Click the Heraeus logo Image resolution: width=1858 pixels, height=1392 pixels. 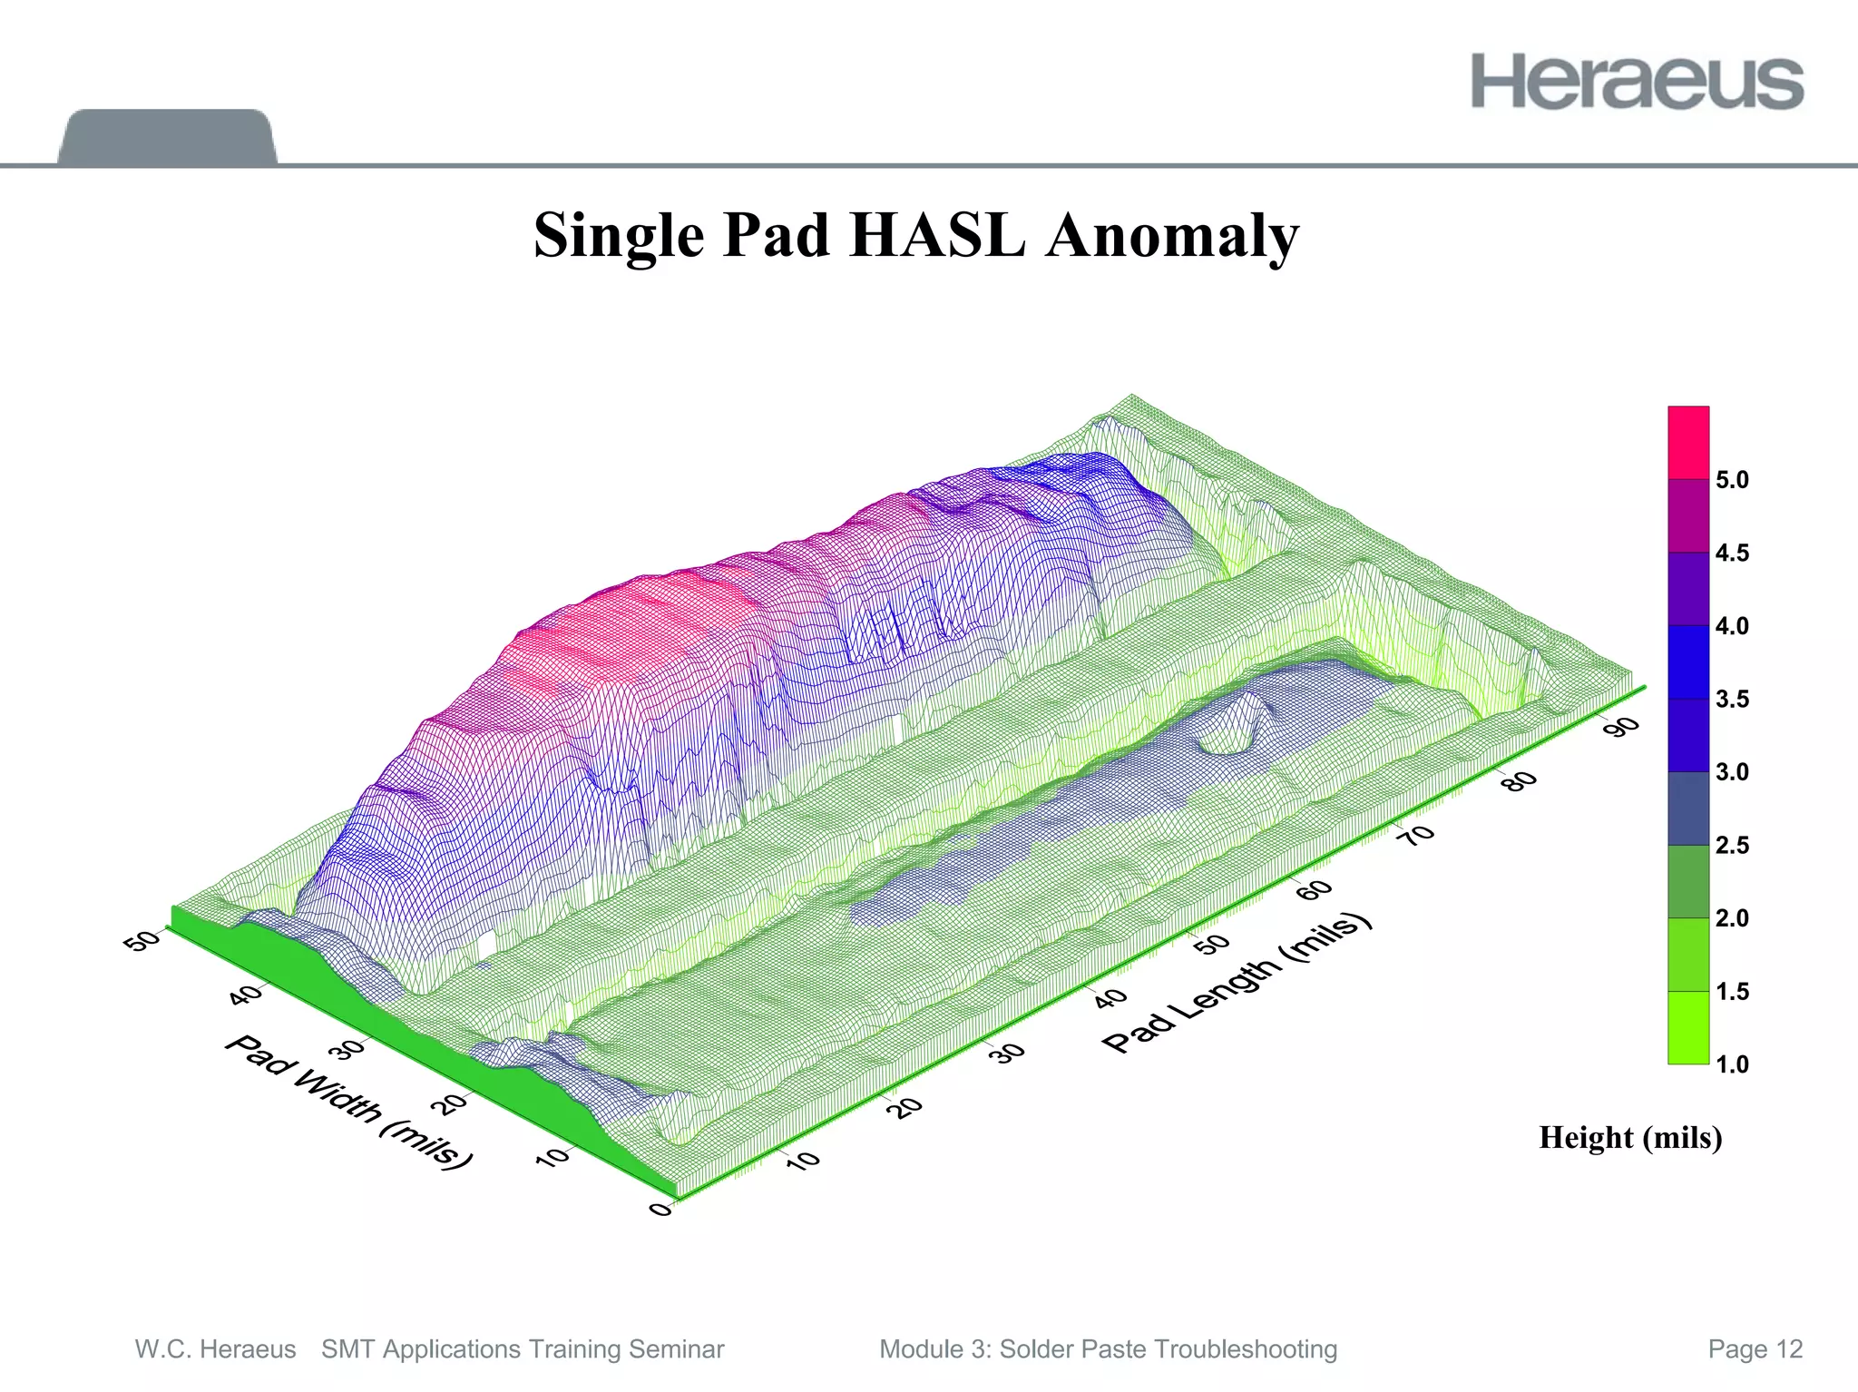[x=1637, y=82]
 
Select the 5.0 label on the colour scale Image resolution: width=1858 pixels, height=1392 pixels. [x=1732, y=480]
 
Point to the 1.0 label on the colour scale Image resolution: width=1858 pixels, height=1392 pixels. [x=1732, y=1064]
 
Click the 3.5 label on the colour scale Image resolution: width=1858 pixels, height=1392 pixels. [x=1732, y=700]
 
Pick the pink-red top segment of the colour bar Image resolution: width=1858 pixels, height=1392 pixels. [x=1687, y=443]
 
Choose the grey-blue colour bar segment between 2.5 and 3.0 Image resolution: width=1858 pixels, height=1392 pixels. [x=1687, y=809]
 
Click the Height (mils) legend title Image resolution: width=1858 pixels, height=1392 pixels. [x=1630, y=1138]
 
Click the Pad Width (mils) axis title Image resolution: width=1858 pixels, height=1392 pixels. [x=349, y=1102]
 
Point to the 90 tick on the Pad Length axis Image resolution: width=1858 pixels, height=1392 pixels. [x=1625, y=726]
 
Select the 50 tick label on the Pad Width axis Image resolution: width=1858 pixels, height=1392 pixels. [x=141, y=941]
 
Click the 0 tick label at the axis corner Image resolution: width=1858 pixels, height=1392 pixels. [x=660, y=1210]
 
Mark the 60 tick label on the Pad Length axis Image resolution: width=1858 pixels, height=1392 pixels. [x=1315, y=889]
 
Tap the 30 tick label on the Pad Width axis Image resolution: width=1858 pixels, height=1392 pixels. [x=346, y=1051]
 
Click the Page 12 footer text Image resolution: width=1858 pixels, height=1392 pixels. [x=1755, y=1349]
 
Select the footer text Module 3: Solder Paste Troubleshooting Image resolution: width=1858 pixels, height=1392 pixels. [x=1108, y=1349]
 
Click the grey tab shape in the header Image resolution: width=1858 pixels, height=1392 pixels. [x=167, y=137]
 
